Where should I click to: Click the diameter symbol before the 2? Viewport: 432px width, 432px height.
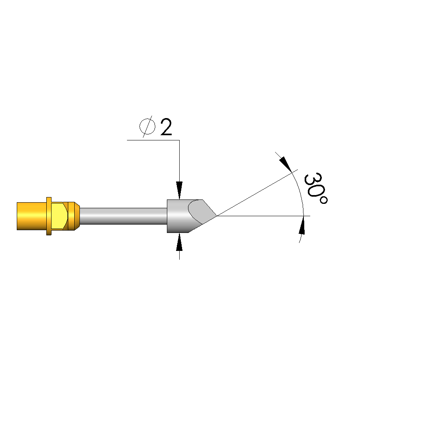click(x=147, y=127)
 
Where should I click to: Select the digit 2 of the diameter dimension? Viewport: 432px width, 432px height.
click(x=166, y=127)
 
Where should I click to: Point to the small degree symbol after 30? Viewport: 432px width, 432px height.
click(x=323, y=200)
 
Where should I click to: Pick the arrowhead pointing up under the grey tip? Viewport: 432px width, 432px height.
click(x=180, y=242)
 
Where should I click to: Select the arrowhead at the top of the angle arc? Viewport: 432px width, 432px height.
click(x=285, y=164)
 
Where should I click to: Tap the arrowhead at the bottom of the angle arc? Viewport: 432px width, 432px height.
click(x=302, y=225)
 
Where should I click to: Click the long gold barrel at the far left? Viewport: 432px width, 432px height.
click(x=32, y=216)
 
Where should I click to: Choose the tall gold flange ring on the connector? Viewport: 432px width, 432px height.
click(x=49, y=216)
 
